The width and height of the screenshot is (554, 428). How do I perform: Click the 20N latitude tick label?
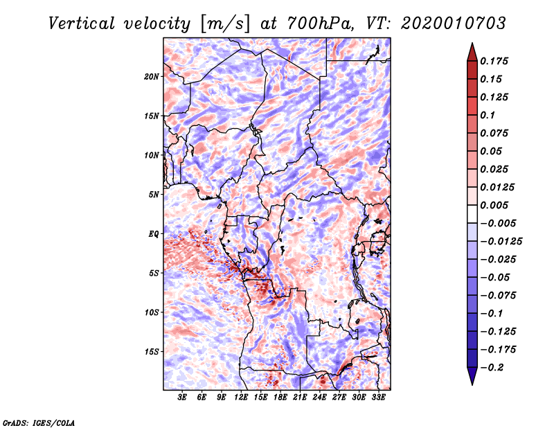click(152, 76)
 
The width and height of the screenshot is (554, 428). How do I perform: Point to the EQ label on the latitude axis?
click(154, 234)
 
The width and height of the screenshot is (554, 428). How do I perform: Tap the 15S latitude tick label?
click(152, 352)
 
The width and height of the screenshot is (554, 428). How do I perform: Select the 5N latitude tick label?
click(154, 195)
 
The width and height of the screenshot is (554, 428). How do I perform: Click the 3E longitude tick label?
click(182, 398)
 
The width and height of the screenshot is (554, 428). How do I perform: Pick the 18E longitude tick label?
click(280, 398)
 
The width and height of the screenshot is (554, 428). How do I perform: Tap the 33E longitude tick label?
click(378, 398)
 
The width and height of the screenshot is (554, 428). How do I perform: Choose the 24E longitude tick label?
click(319, 398)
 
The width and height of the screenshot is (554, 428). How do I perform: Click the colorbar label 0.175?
click(494, 61)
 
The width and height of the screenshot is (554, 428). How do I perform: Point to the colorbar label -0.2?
click(492, 368)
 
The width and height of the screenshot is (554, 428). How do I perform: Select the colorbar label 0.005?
click(494, 205)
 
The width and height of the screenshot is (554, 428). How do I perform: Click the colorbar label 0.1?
click(488, 115)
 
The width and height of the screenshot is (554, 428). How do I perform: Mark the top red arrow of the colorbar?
click(472, 52)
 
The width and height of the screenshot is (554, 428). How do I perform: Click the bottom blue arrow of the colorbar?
click(472, 376)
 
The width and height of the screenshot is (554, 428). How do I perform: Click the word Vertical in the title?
click(82, 24)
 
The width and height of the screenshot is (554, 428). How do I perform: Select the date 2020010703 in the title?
click(454, 24)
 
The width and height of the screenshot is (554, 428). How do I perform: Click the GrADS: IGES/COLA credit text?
click(39, 423)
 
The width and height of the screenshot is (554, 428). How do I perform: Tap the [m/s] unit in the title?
click(226, 24)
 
